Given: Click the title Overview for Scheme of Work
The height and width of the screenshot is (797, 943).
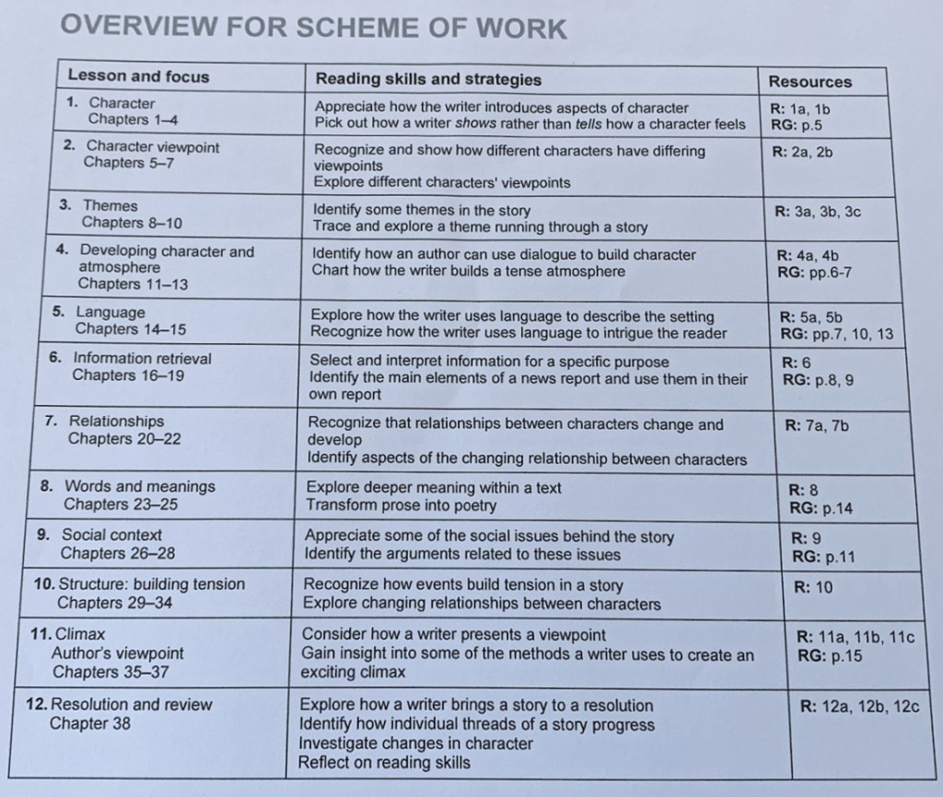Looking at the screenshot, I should click(313, 28).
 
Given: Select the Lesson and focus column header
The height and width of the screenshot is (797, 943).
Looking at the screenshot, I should click(138, 75).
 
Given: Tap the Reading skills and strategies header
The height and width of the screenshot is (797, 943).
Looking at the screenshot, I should click(428, 79).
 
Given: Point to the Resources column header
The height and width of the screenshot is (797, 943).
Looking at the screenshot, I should click(810, 81).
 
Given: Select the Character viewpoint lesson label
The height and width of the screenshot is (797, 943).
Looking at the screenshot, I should click(153, 146).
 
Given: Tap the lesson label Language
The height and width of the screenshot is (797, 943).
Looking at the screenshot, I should click(110, 312).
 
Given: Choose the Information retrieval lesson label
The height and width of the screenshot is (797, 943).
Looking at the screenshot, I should click(142, 358).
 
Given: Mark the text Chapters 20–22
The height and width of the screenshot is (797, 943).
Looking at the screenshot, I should click(124, 439).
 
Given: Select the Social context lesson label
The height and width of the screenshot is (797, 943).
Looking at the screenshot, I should click(111, 535).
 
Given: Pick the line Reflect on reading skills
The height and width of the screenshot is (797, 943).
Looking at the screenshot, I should click(384, 762).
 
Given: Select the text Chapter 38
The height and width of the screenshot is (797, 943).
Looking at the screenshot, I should click(89, 723).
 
